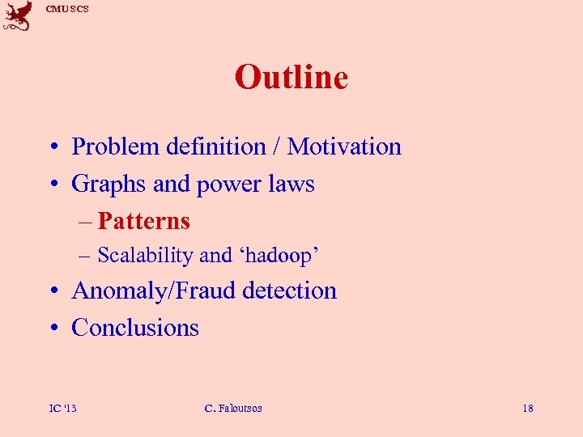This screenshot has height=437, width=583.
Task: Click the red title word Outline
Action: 291,78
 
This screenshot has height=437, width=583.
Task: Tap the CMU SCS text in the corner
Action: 67,9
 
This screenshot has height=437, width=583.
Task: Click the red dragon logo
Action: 18,16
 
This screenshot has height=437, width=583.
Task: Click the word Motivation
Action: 344,146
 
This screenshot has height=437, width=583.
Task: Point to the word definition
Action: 215,146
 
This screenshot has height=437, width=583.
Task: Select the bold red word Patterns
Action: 144,221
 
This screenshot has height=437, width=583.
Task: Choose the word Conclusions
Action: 135,328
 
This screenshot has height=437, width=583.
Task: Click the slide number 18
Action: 528,409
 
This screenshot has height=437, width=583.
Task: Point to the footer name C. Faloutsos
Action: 234,409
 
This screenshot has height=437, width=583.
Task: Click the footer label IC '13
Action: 62,409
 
